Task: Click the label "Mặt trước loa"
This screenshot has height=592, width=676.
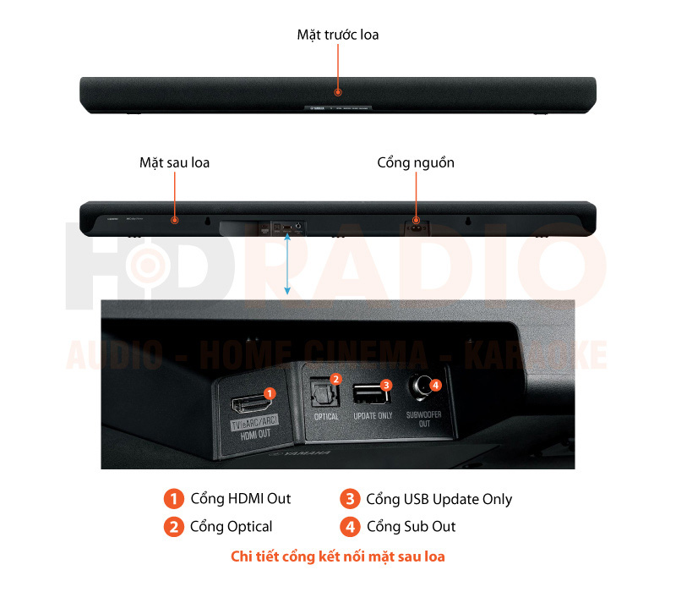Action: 337,35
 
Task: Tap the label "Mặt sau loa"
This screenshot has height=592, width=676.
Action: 174,162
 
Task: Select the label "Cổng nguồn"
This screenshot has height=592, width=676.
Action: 415,162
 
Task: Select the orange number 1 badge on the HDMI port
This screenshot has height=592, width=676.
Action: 270,393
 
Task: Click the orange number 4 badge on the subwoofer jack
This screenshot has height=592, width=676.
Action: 435,385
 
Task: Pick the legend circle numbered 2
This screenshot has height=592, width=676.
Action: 173,527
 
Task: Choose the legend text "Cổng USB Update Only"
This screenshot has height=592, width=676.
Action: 439,499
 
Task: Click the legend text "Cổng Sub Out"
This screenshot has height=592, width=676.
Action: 411,527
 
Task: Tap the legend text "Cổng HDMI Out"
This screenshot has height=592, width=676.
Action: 240,499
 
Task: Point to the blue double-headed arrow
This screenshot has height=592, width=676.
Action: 287,266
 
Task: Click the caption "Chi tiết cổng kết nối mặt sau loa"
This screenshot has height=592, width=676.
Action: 337,556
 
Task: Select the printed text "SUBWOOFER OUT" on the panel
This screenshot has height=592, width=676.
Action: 424,419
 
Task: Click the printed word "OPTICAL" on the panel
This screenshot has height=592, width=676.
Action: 326,417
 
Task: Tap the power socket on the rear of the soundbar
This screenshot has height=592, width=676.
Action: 415,223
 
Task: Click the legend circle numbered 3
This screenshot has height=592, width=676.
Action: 349,499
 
